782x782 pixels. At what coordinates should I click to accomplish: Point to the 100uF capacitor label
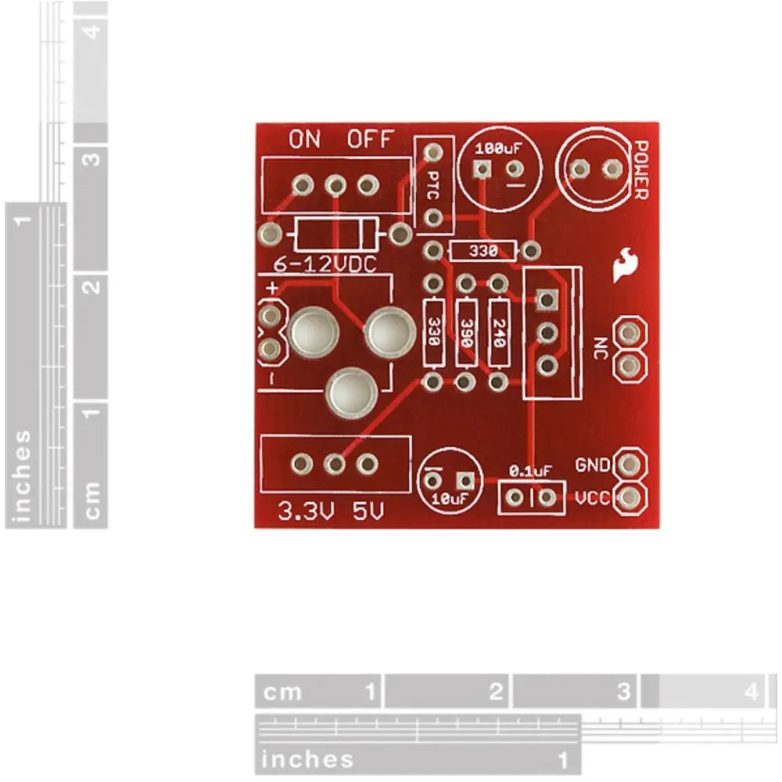[x=498, y=147]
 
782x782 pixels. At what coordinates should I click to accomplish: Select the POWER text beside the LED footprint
[x=640, y=170]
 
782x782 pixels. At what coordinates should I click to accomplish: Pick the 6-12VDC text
[x=324, y=265]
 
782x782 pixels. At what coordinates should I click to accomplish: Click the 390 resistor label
[x=467, y=332]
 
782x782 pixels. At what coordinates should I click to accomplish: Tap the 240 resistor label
[x=499, y=332]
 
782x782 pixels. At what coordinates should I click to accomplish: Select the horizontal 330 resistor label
[x=482, y=251]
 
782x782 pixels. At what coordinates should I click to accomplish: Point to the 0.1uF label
[x=530, y=471]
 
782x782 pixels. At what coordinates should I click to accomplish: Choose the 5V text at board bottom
[x=368, y=512]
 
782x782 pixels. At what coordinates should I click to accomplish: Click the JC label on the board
[x=601, y=348]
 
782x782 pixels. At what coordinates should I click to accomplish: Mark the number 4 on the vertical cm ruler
[x=95, y=34]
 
